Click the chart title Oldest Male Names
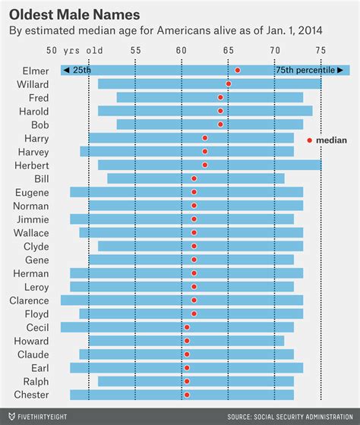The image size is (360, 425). [74, 14]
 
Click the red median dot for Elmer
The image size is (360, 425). [238, 70]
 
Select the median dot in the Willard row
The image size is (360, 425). [229, 83]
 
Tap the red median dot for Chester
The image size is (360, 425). [187, 395]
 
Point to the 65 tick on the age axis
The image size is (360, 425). [228, 51]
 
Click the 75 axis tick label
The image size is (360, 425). [321, 51]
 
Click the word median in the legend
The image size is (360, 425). [332, 140]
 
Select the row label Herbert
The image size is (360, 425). [32, 165]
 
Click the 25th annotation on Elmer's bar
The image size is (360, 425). [77, 70]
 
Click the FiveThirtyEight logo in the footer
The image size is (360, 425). [46, 417]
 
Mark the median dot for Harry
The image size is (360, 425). [205, 138]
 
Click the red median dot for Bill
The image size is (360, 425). [194, 178]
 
